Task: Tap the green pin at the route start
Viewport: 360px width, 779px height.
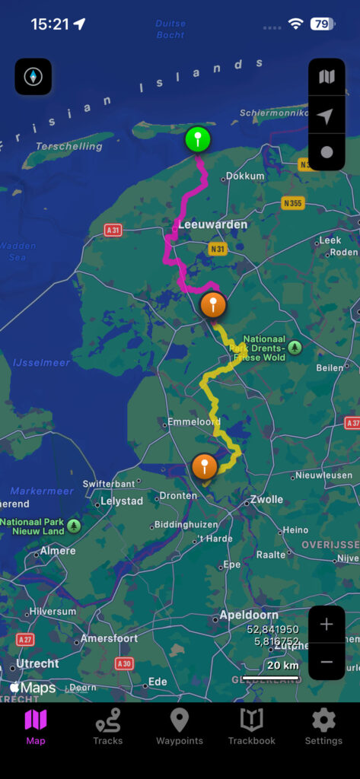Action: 198,140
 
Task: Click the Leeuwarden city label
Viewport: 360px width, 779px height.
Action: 212,224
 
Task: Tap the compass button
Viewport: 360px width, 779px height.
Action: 33,77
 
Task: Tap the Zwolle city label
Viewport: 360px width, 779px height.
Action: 266,499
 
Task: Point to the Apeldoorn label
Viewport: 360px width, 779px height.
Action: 249,615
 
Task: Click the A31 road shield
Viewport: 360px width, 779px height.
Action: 113,229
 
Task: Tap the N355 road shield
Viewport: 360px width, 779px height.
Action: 293,203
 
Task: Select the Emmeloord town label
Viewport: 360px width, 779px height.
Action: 193,421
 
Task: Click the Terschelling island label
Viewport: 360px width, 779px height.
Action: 68,146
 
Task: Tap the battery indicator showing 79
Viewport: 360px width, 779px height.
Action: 320,24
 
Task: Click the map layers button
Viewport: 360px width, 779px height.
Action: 327,77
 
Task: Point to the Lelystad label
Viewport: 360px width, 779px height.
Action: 122,501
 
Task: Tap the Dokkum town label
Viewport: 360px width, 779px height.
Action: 245,176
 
